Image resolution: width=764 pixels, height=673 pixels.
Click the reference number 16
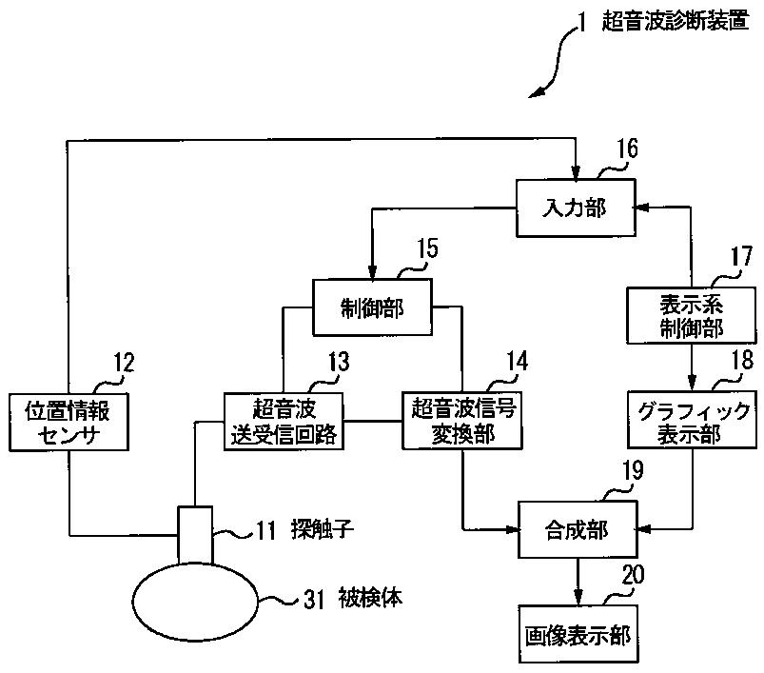click(x=627, y=148)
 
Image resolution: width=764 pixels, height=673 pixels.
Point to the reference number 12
click(x=124, y=363)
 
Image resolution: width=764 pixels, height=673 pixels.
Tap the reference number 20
click(x=633, y=575)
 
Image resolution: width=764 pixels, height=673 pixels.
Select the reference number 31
click(x=314, y=599)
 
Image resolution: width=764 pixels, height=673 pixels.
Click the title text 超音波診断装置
click(x=676, y=21)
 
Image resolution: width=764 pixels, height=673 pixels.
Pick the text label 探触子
click(x=323, y=529)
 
